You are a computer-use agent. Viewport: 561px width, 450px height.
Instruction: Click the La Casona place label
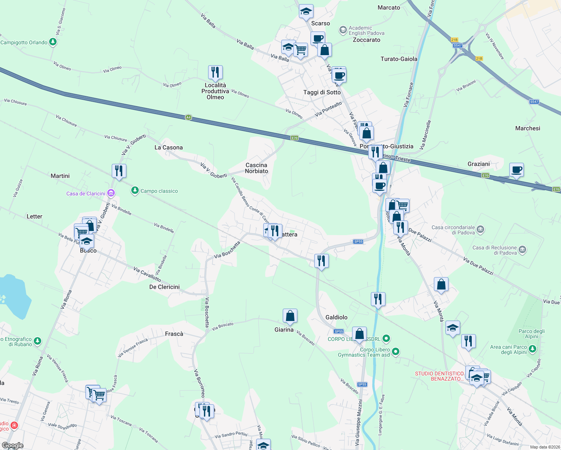(x=168, y=147)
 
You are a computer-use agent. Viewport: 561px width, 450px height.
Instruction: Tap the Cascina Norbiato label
(x=256, y=168)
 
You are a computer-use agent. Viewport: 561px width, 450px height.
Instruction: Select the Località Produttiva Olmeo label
(x=215, y=91)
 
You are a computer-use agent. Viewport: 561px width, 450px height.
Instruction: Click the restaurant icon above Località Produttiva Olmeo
(x=215, y=72)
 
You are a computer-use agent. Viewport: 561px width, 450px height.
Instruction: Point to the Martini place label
(x=60, y=176)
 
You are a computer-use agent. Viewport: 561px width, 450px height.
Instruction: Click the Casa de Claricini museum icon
(x=111, y=193)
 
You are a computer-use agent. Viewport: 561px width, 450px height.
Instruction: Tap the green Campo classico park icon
(x=135, y=191)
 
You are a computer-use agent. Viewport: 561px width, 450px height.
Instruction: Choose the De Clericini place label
(x=164, y=287)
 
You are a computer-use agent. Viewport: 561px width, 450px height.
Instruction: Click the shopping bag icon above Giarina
(x=290, y=316)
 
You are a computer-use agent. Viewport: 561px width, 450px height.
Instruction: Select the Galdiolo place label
(x=336, y=317)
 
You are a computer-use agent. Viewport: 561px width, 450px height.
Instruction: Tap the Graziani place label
(x=478, y=164)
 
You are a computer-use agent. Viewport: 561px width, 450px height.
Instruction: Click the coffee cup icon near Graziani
(x=516, y=170)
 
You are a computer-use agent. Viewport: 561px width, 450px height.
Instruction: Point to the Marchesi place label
(x=528, y=128)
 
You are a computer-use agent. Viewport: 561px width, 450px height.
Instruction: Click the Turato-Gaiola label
(x=399, y=59)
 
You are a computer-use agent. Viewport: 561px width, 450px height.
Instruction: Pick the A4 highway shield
(x=188, y=117)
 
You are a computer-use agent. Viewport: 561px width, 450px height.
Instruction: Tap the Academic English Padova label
(x=366, y=30)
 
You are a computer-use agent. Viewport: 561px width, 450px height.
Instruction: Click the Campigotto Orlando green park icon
(x=53, y=42)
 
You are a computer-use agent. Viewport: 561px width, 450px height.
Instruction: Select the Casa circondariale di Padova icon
(x=481, y=229)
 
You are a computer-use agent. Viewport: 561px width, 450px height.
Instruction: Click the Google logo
(x=12, y=445)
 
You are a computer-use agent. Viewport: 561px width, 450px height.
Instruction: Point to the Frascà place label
(x=174, y=334)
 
